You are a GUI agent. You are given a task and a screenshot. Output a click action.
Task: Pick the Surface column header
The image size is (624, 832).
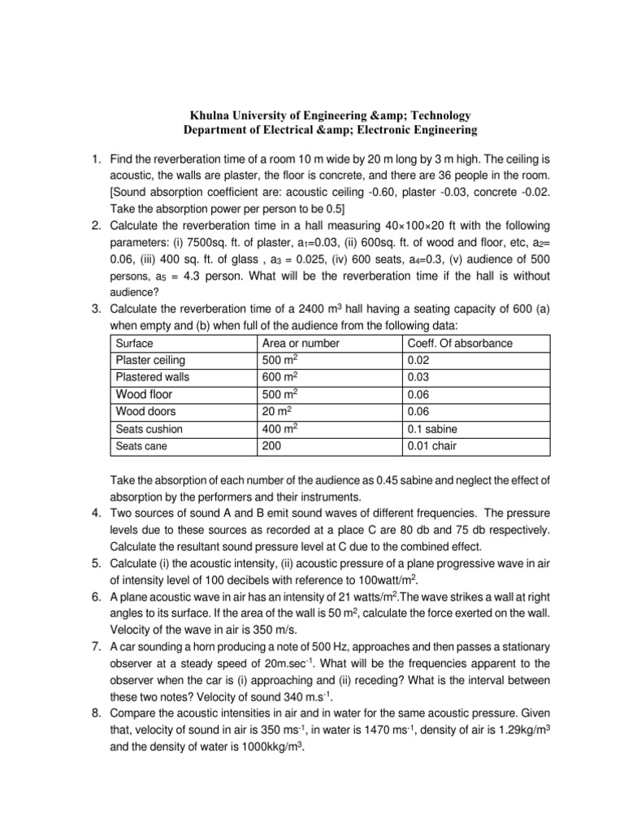tap(135, 343)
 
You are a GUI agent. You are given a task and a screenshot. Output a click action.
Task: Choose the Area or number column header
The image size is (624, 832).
tap(301, 343)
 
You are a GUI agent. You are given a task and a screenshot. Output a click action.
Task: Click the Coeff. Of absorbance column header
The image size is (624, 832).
tap(459, 343)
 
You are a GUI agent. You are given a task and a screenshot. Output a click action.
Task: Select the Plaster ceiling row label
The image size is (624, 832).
tap(151, 360)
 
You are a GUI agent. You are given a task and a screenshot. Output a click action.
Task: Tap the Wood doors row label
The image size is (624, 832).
tap(147, 411)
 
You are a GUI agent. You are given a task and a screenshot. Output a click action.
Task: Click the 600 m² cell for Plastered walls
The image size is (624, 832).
tap(279, 377)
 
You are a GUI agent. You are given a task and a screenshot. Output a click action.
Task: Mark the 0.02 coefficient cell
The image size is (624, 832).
tap(418, 360)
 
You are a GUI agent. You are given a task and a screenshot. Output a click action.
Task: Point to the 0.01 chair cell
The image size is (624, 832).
tap(431, 445)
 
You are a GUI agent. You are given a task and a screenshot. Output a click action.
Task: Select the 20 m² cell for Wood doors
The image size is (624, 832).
tap(276, 411)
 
